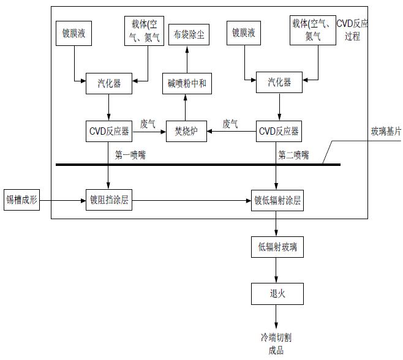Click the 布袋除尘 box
(187, 36)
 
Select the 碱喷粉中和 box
(187, 83)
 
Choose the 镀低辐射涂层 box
(278, 200)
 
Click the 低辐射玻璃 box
(277, 247)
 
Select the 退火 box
(277, 294)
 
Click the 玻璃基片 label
(385, 132)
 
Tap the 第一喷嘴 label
(130, 155)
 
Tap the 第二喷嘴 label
(293, 155)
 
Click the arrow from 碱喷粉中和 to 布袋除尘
(187, 60)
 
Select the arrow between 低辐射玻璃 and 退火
(277, 271)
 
